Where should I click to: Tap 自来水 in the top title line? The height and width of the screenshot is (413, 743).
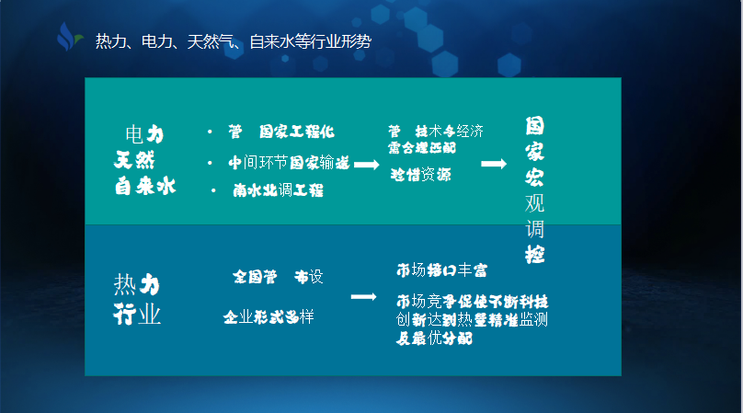tap(273, 42)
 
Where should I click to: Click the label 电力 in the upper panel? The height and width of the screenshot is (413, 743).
tap(144, 134)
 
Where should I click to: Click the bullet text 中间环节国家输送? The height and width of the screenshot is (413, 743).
tap(289, 163)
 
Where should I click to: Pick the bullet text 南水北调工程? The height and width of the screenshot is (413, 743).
tap(278, 190)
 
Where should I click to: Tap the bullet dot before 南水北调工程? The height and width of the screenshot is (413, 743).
tap(214, 190)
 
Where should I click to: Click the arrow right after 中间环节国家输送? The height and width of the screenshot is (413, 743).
tap(367, 164)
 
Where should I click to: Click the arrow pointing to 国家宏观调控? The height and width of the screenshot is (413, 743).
tap(494, 164)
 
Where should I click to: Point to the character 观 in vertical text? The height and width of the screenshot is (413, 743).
tap(535, 202)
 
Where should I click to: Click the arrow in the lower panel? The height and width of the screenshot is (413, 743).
tap(364, 297)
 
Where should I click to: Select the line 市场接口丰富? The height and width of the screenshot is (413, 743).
tap(441, 271)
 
